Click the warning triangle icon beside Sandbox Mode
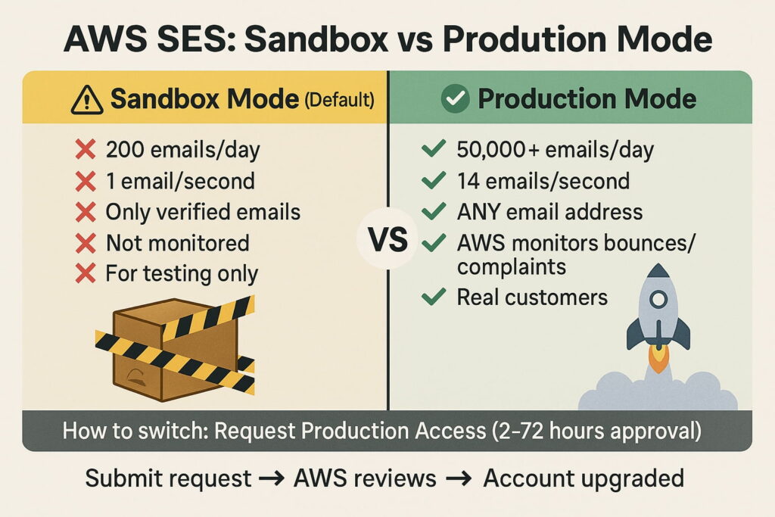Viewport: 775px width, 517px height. (x=87, y=101)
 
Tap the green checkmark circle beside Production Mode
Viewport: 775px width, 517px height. (x=455, y=98)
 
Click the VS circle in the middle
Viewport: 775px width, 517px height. (x=388, y=239)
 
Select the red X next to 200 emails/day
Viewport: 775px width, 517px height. (x=86, y=149)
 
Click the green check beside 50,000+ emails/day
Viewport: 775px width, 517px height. (x=434, y=148)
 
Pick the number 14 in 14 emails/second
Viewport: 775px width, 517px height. (x=468, y=181)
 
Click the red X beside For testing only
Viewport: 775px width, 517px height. (x=86, y=273)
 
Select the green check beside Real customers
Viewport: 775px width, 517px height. (x=434, y=297)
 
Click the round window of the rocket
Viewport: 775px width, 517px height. (x=658, y=298)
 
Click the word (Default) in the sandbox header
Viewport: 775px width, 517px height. (x=340, y=100)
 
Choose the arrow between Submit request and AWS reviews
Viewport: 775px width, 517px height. (x=272, y=478)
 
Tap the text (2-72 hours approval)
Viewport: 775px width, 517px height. (x=596, y=431)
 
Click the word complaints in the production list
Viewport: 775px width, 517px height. (x=512, y=267)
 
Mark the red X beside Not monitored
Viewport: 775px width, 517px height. (x=86, y=243)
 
